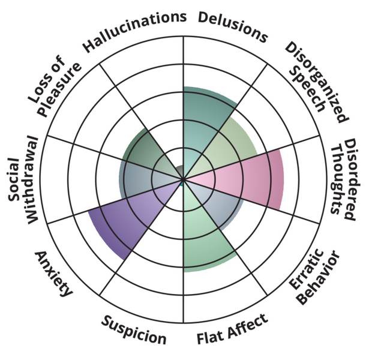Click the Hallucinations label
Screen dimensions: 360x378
(134, 31)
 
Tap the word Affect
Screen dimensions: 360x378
(248, 325)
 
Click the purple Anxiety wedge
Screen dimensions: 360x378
(126, 219)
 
